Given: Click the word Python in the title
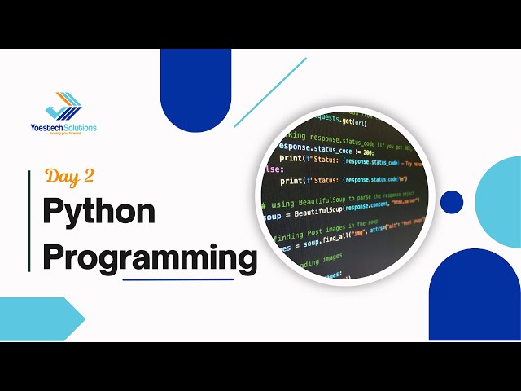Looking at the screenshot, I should pos(99,212).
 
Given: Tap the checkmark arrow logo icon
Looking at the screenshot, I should pos(63,107).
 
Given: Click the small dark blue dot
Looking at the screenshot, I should pos(452,201).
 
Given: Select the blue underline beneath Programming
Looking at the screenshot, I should pos(177,279).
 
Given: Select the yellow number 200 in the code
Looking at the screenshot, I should pos(367,152).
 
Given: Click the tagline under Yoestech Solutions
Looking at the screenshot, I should pos(67,134).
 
